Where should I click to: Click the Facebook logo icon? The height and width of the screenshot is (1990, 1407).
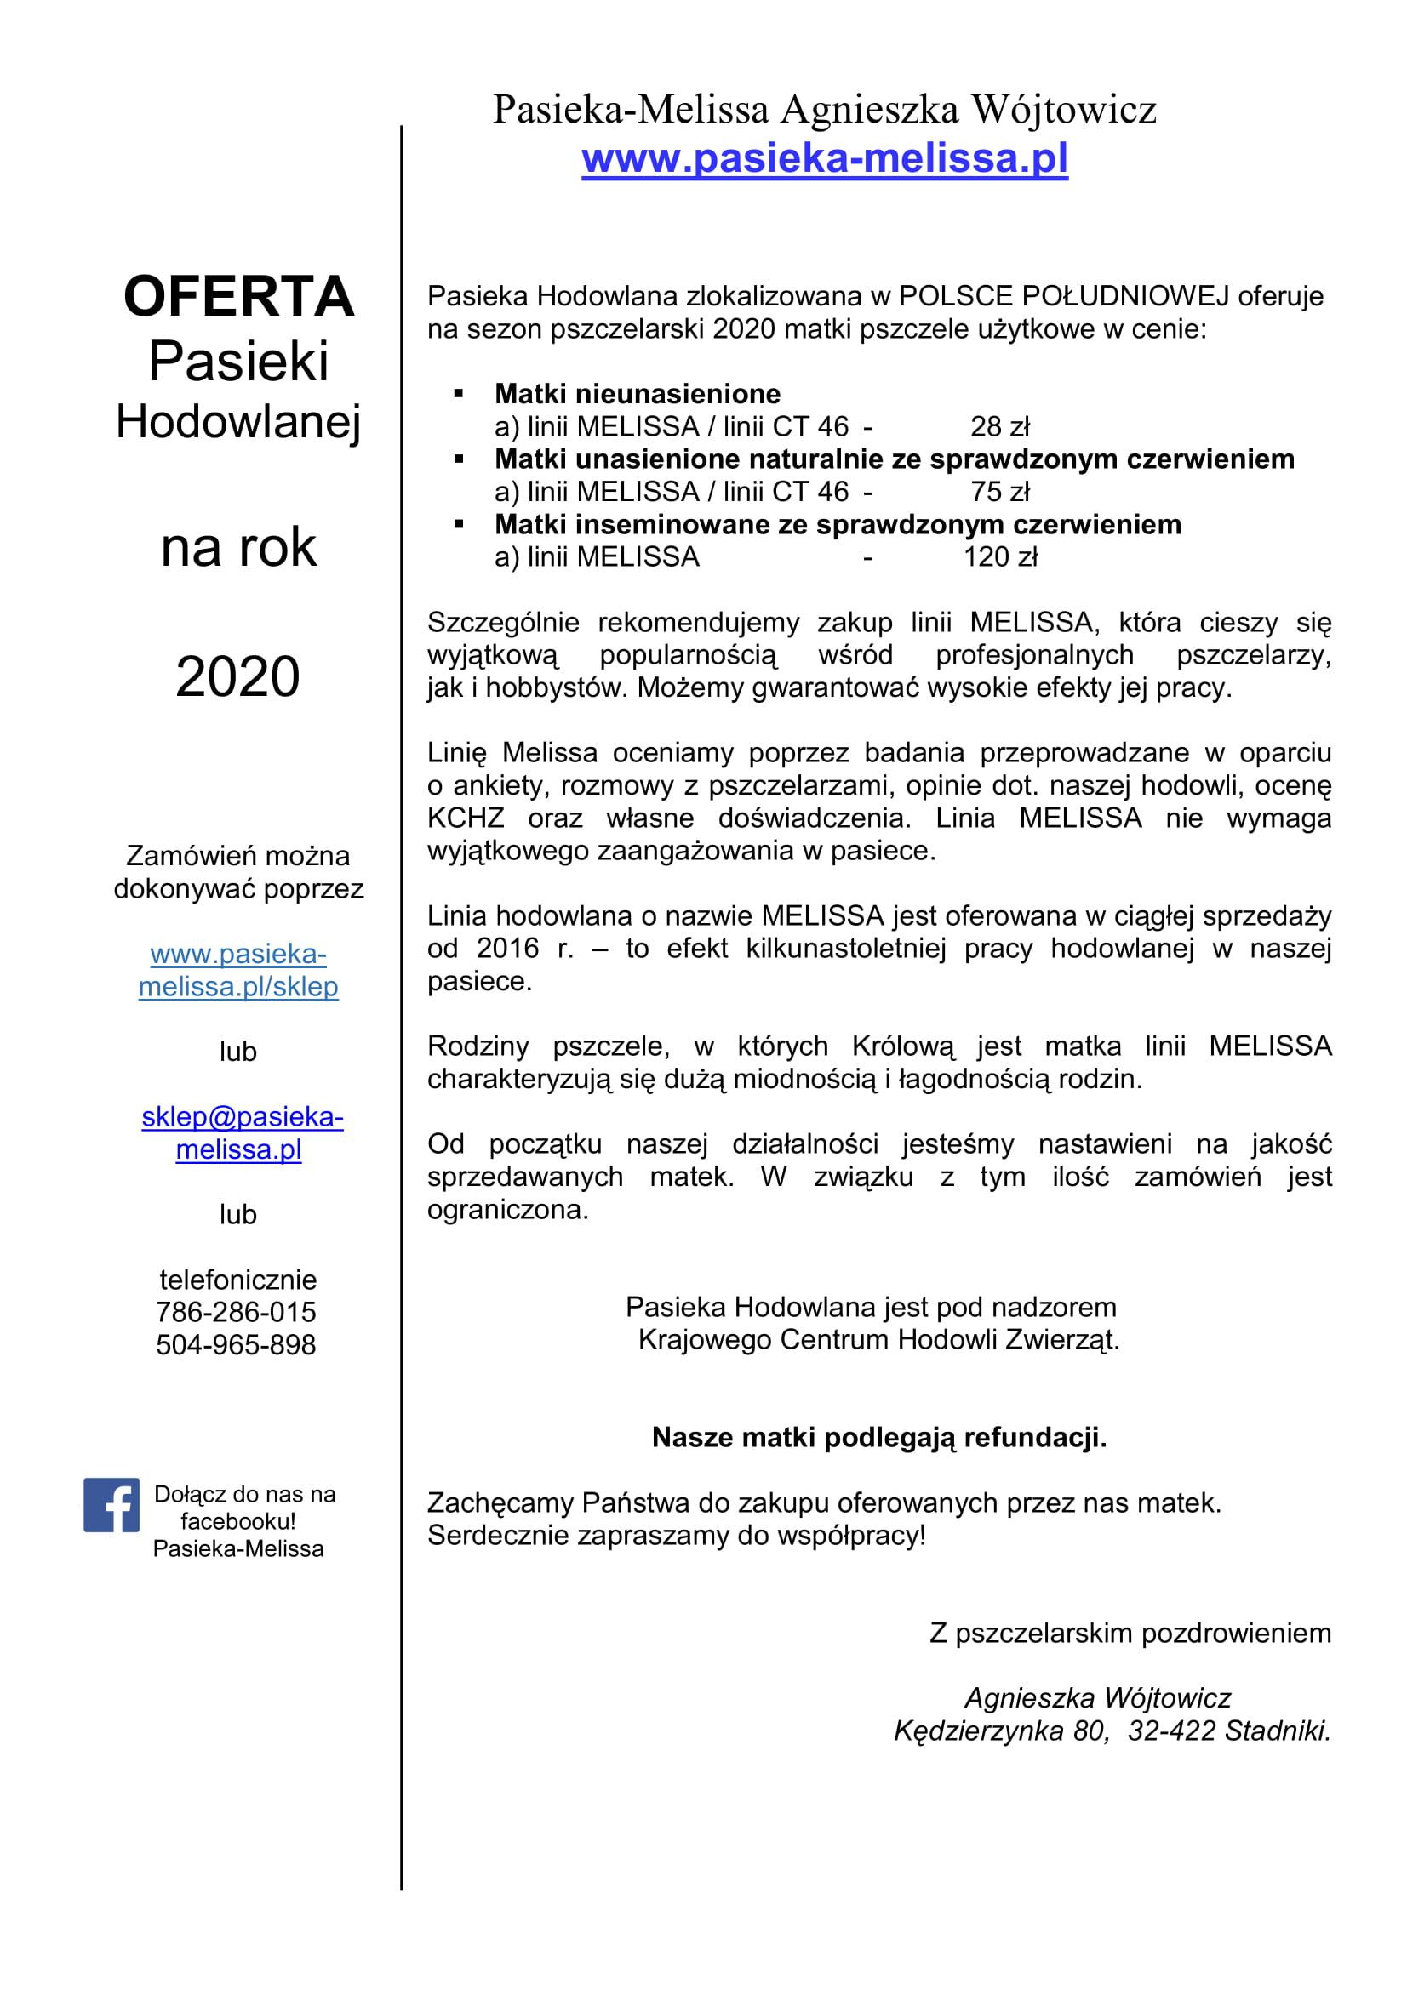111,1505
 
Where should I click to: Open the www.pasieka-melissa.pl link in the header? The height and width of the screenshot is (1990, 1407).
825,158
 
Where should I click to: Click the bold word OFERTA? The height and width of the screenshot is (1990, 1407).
238,296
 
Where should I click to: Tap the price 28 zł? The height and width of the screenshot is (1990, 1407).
999,426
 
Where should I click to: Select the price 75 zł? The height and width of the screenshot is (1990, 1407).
999,492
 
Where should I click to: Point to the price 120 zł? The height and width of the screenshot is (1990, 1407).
999,556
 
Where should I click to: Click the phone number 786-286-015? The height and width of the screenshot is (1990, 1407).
236,1312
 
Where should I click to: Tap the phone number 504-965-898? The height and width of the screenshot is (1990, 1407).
236,1344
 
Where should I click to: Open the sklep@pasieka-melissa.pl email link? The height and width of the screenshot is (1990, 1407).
242,1132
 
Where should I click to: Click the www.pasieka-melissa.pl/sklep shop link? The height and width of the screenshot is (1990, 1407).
238,970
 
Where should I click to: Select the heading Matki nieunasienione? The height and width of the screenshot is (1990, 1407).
638,394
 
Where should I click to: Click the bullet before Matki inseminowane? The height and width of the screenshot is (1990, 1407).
459,524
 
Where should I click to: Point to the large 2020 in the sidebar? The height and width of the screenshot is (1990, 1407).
237,676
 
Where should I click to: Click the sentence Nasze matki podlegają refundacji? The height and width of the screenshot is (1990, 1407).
879,1437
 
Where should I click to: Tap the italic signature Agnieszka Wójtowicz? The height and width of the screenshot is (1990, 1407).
1097,1698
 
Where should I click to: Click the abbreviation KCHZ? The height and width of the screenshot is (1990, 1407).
466,818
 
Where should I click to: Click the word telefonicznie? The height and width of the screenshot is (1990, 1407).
238,1280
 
